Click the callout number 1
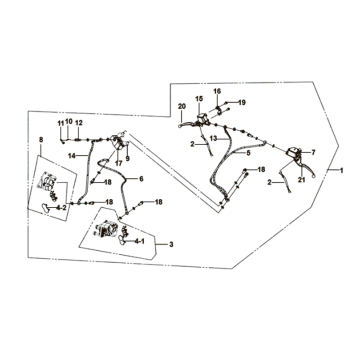coord(341,170)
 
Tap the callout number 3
coord(171,245)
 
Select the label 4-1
coord(139,241)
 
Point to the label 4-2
coord(61,208)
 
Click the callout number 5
coord(248,153)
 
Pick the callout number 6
coord(141,179)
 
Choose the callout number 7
coord(313,153)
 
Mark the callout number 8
coord(41,140)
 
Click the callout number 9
coord(127,159)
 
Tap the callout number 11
coord(60,124)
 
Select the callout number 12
coord(79,123)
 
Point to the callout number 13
coord(214,138)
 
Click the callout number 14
coord(72,156)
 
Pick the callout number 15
coord(199,99)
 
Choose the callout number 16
coord(217,91)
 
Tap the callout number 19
coord(242,102)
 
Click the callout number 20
coord(182,107)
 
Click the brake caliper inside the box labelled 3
coord(107,230)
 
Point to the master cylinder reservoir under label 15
coord(202,118)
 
